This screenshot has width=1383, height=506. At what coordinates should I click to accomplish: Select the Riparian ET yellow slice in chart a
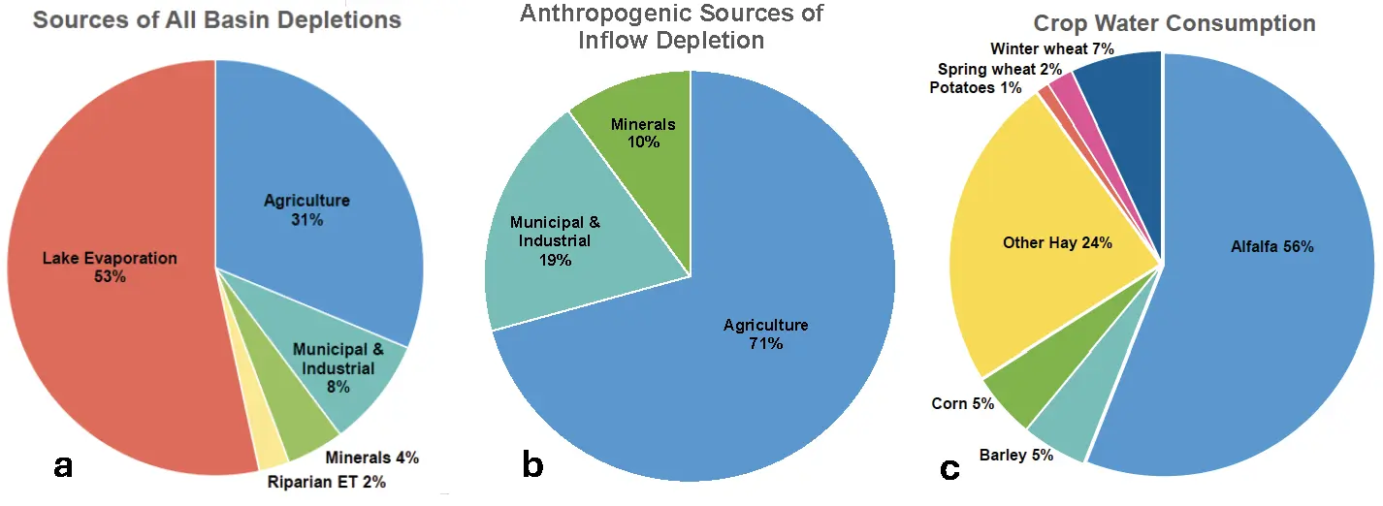coord(271,448)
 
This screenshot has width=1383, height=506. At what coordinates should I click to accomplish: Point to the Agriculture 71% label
coord(765,333)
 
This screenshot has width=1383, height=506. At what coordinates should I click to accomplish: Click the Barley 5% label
coord(1015,455)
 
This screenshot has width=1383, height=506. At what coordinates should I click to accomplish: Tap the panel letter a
coord(63,466)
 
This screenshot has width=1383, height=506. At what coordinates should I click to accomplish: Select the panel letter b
coord(532,465)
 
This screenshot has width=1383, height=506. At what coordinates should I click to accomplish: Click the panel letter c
coord(949,469)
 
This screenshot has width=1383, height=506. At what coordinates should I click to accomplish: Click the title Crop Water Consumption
coord(1174,24)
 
